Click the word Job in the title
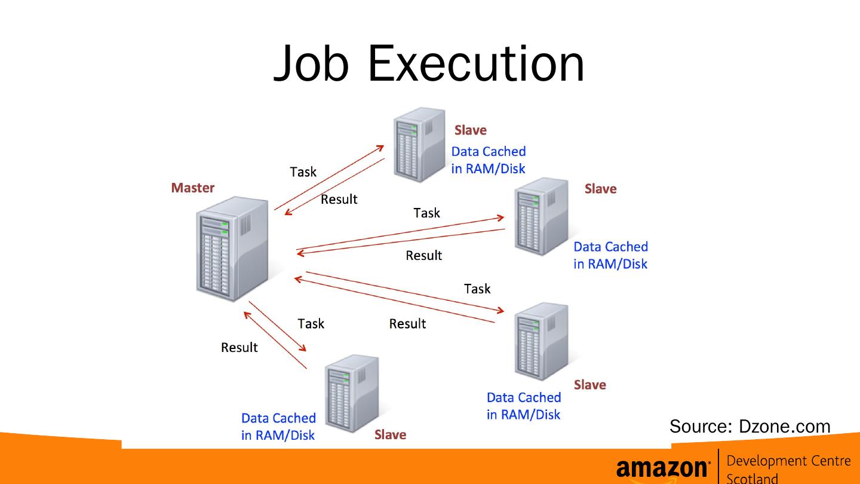point(311,63)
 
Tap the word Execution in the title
point(476,63)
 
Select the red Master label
point(192,188)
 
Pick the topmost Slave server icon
point(420,145)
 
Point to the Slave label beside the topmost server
point(471,130)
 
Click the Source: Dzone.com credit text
point(750,426)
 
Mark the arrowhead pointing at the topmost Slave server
point(381,147)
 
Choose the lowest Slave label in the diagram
point(390,435)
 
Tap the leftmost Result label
point(239,347)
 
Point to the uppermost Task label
point(303,172)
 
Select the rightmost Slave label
point(600,189)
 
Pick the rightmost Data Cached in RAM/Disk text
point(610,255)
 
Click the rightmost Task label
point(477,289)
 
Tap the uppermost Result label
point(339,200)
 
